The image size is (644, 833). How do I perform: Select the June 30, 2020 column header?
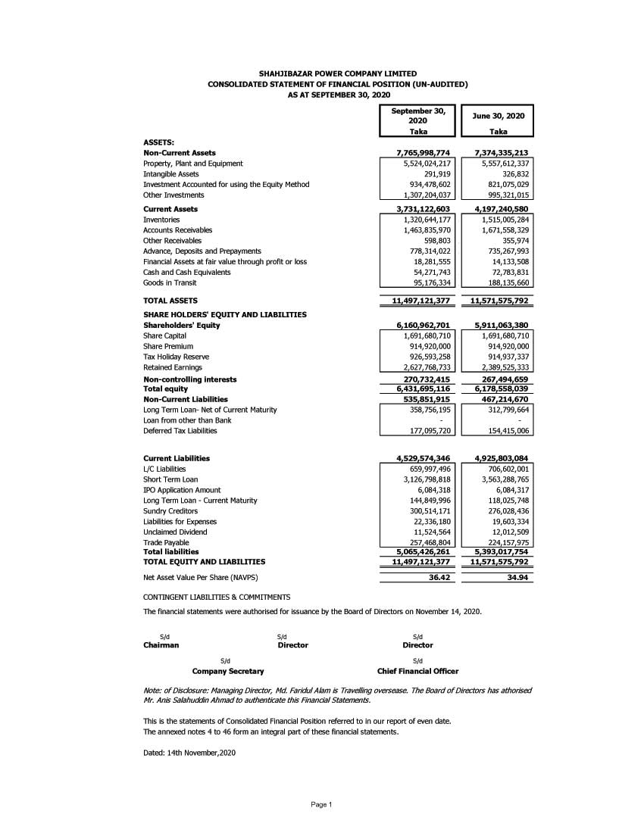499,116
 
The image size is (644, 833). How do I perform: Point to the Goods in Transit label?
170,282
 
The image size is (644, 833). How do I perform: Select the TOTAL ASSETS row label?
170,301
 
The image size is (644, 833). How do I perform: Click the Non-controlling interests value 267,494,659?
500,379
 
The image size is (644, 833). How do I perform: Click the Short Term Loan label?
170,479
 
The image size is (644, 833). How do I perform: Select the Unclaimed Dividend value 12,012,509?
508,532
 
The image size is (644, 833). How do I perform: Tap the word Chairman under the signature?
161,645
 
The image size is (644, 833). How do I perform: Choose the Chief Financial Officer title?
417,671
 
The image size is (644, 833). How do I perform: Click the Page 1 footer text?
321,804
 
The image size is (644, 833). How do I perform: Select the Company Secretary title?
228,671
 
